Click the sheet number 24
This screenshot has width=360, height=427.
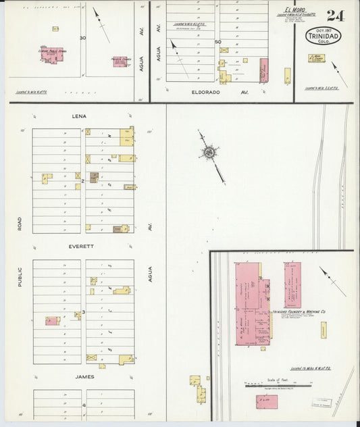(336, 16)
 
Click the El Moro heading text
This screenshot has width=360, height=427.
(296, 9)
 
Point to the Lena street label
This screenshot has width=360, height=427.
(80, 116)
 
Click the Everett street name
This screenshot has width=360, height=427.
(82, 247)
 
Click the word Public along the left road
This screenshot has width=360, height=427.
(20, 276)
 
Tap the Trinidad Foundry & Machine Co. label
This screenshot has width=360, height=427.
(299, 311)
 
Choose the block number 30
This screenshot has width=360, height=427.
(82, 38)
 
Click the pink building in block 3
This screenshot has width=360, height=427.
(52, 320)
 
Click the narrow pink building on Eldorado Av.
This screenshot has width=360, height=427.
(264, 70)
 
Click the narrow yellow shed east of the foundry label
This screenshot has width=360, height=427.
(324, 331)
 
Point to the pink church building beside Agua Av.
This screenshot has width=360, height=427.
(120, 61)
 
